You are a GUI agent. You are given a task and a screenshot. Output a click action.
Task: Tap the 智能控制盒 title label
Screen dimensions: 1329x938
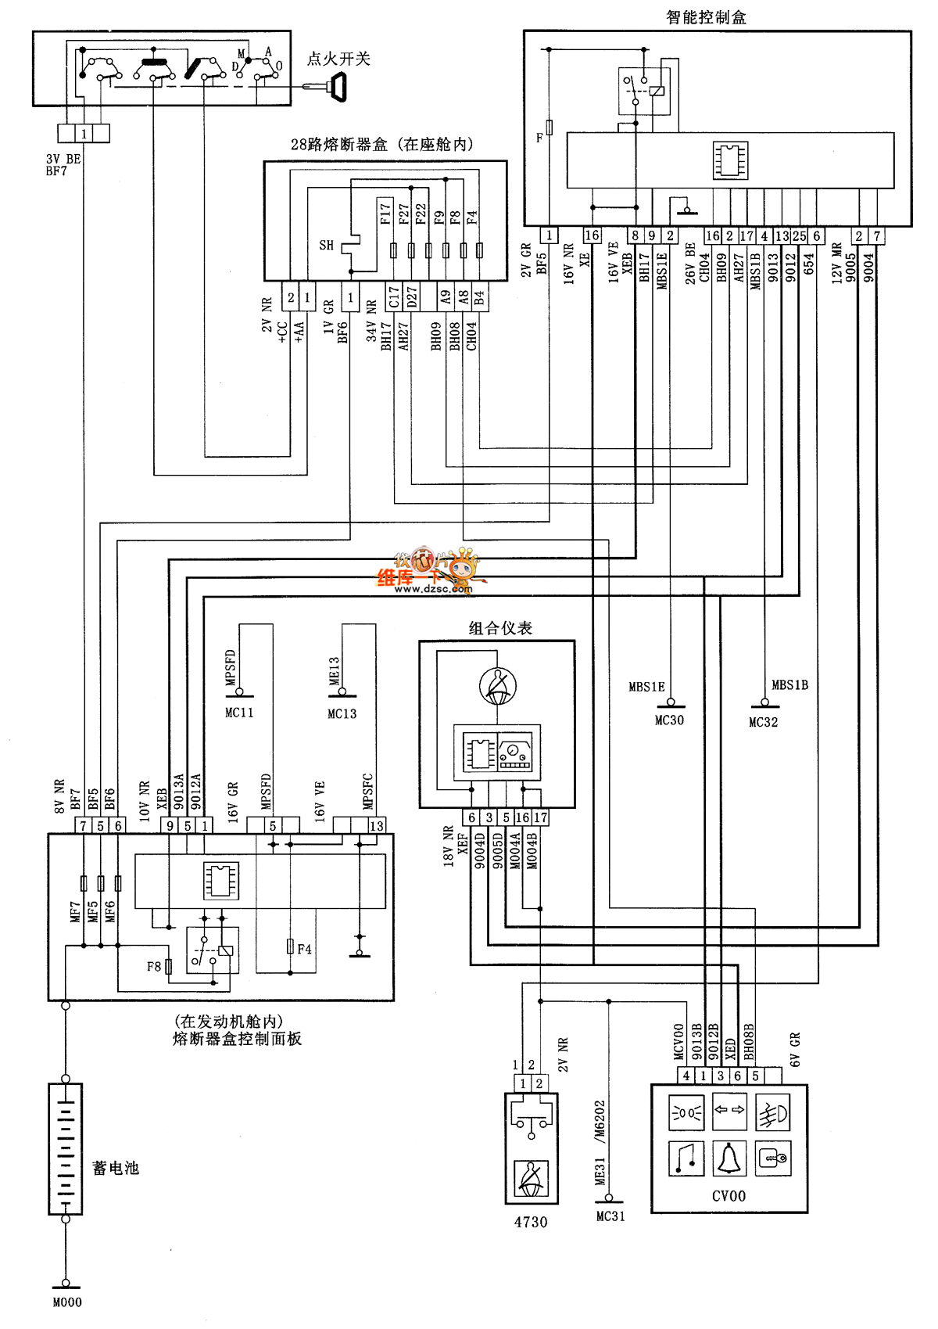click(x=706, y=17)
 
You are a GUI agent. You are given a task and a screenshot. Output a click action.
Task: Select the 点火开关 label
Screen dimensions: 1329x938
click(x=338, y=59)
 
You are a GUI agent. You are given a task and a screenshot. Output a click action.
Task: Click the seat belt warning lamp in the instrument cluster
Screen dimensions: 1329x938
click(x=498, y=686)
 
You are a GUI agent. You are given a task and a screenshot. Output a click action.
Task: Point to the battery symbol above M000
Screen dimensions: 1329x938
click(x=66, y=1148)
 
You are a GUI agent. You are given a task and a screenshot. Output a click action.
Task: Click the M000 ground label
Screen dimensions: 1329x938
click(x=67, y=1302)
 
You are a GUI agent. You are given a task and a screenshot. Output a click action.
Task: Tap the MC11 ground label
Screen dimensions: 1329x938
click(x=239, y=713)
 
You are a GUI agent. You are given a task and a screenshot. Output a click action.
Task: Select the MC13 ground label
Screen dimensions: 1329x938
click(x=342, y=713)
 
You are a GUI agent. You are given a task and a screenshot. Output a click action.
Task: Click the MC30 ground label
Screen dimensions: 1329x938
click(x=669, y=720)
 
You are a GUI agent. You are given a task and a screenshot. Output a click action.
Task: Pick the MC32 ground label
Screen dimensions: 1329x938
click(x=764, y=722)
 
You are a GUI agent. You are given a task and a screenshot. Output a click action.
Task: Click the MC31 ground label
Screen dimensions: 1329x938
click(x=610, y=1216)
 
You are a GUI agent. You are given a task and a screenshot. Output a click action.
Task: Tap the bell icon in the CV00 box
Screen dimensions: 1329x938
click(x=729, y=1158)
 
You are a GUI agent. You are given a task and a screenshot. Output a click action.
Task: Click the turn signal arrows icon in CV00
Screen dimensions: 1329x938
click(x=729, y=1112)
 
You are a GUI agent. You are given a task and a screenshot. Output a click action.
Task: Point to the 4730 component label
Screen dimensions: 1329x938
click(x=531, y=1222)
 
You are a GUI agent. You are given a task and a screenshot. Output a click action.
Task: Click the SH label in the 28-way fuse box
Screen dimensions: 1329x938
click(x=327, y=246)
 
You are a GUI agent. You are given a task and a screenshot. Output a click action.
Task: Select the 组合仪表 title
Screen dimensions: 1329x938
click(x=500, y=628)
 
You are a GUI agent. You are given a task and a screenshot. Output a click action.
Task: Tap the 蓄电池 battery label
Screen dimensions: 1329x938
click(x=116, y=1168)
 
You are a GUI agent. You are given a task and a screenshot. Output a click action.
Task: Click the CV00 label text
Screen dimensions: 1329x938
click(x=729, y=1196)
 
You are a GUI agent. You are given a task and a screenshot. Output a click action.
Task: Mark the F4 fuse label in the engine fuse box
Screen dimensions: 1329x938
click(x=305, y=949)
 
